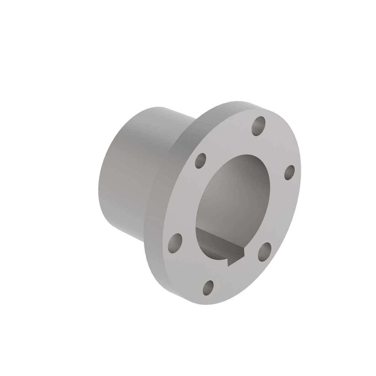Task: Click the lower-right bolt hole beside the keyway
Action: tap(264, 251)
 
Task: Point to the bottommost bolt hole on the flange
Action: tap(208, 287)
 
